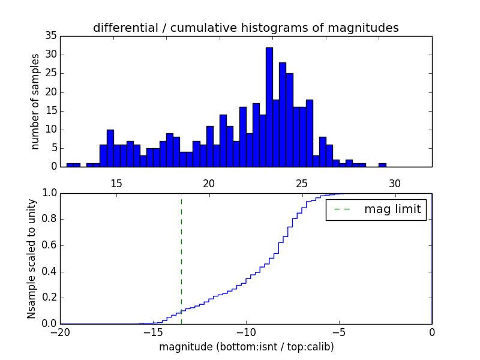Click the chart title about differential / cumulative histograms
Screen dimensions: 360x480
246,28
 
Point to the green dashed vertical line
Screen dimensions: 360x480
181,252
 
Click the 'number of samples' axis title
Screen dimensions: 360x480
35,101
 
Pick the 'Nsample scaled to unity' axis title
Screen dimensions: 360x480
31,259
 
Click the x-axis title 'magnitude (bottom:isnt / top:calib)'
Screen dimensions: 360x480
246,347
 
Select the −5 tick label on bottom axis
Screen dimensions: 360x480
339,332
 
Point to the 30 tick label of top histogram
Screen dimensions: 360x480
395,184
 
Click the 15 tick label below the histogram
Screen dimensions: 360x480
116,184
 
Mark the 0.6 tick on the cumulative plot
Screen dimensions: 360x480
48,245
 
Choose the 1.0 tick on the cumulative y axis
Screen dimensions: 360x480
48,193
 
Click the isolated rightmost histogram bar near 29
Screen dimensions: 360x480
382,164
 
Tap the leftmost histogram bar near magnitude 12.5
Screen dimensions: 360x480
70,164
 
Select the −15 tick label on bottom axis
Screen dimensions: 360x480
153,332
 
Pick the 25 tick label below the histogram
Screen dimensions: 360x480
302,184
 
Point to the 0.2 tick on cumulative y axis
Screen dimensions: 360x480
48,298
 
